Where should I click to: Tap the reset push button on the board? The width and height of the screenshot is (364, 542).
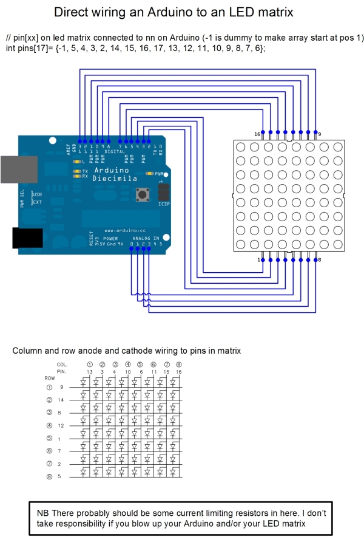144,194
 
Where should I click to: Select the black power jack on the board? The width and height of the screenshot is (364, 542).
27,238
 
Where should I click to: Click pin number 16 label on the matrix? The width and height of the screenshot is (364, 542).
257,134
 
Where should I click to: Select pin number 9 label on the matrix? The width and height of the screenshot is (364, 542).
320,134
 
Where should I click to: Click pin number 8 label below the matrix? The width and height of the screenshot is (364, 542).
319,259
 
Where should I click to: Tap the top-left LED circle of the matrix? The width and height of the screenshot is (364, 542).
240,147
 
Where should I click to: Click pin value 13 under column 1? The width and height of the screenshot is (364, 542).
89,371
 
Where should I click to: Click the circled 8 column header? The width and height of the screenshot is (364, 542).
178,364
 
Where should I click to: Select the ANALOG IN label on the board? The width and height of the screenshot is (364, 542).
145,239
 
